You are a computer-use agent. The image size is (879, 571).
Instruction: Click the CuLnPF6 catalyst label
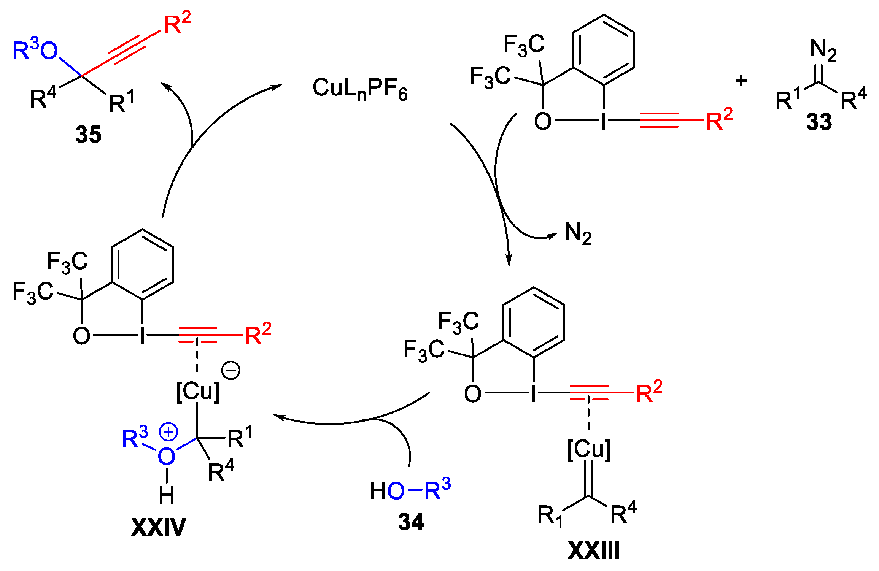tap(360, 89)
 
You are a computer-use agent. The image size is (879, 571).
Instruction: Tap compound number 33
tap(819, 122)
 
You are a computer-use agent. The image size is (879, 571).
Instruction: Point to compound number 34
tap(411, 522)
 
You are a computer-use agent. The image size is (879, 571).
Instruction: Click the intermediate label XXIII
tap(594, 550)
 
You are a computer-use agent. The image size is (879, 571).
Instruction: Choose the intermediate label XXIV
tap(158, 527)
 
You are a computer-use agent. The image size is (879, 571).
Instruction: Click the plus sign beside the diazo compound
tap(741, 81)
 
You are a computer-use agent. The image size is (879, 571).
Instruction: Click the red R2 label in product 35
tap(177, 24)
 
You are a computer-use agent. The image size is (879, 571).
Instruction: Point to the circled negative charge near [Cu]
tap(231, 371)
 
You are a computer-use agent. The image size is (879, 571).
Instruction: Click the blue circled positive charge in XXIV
tap(168, 432)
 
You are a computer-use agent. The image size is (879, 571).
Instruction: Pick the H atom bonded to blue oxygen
tap(167, 495)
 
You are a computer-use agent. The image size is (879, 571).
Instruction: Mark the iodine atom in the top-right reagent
tap(604, 121)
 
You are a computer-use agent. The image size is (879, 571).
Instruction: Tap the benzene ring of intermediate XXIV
tap(143, 264)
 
